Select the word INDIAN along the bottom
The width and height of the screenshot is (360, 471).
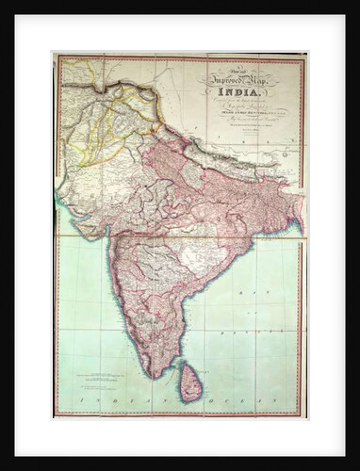click(x=106, y=400)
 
